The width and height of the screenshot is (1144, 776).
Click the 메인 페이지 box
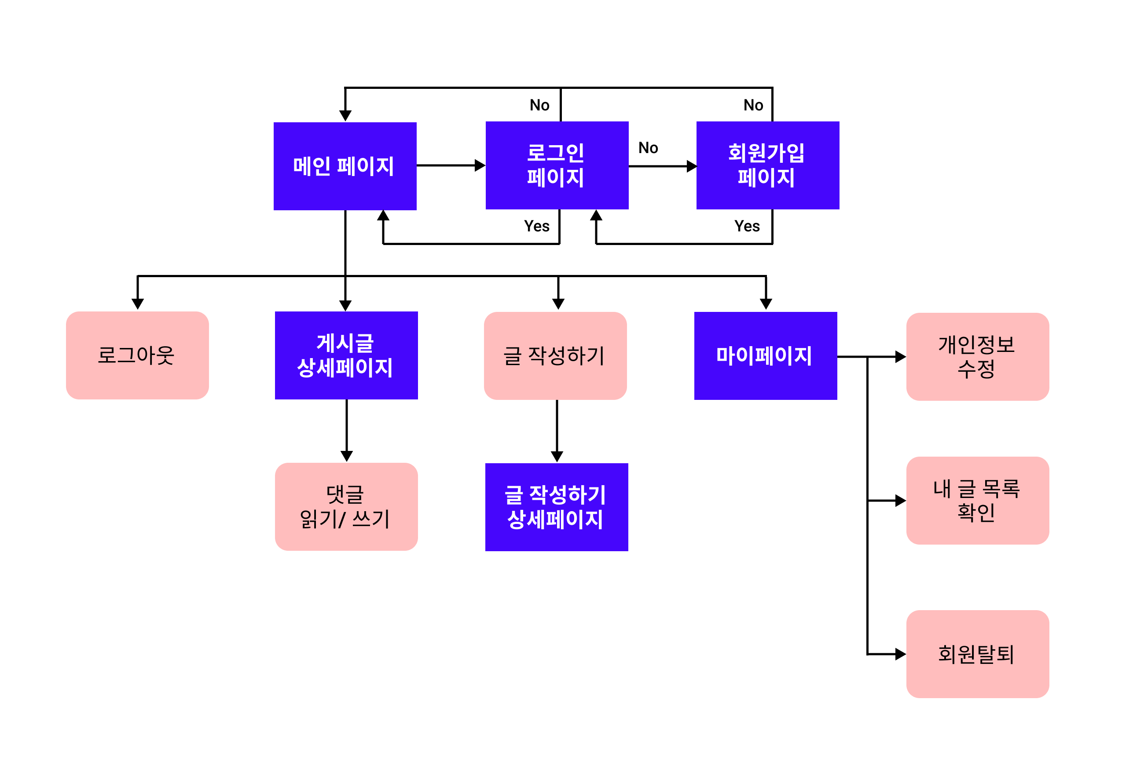pos(345,166)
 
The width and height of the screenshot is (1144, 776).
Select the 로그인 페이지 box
pos(556,165)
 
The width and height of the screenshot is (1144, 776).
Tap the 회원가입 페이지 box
pos(767,165)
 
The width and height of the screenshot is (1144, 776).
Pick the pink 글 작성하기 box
pos(555,355)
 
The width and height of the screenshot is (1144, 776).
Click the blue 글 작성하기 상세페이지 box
pos(556,506)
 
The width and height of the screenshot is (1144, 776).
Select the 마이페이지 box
pos(765,355)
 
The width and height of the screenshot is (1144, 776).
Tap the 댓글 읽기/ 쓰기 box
pos(346,506)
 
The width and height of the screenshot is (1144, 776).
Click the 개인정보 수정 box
pos(977,356)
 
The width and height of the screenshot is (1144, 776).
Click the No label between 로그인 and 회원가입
pos(648,148)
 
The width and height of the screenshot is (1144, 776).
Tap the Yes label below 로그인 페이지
pos(536,226)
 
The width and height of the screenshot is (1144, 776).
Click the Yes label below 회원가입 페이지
pos(746,226)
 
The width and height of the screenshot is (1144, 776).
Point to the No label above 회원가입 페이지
pos(753,105)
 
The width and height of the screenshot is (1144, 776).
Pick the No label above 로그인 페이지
pos(539,105)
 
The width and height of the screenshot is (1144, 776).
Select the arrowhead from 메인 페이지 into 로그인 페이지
pos(480,165)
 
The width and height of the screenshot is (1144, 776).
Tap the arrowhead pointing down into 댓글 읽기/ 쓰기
pos(347,456)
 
